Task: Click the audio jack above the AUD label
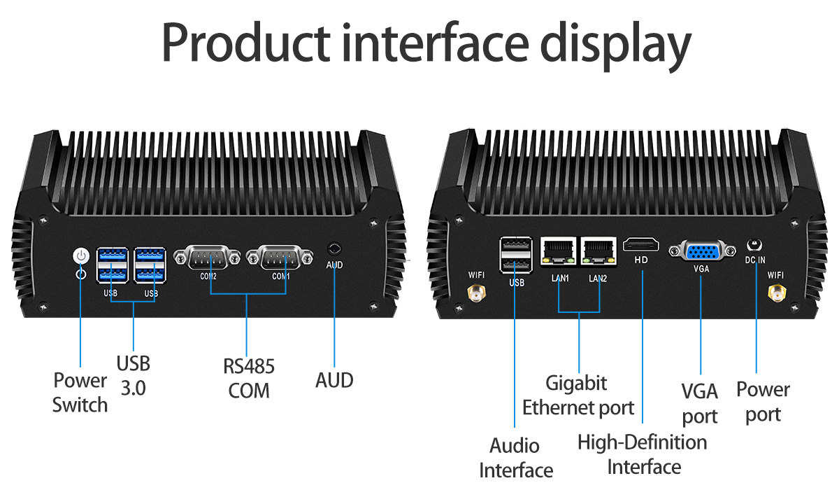click(334, 249)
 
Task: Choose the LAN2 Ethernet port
click(598, 252)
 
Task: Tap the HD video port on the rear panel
click(641, 245)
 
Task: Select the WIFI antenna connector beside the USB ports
click(477, 294)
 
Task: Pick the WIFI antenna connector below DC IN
click(776, 297)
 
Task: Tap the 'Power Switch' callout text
click(80, 393)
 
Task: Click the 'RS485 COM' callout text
click(248, 378)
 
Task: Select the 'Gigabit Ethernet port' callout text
click(578, 395)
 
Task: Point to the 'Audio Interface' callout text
click(515, 458)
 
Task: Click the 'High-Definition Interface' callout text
click(643, 454)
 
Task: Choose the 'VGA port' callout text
click(700, 403)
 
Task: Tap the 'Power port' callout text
click(763, 402)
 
